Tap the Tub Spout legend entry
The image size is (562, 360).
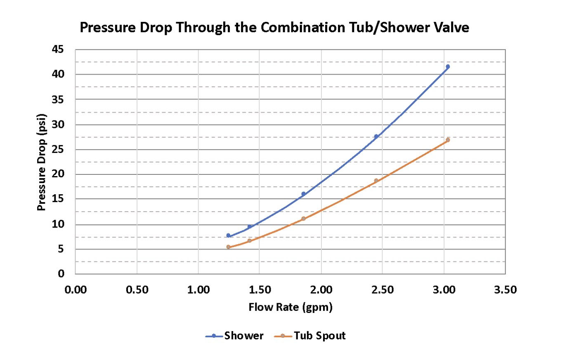tap(309, 336)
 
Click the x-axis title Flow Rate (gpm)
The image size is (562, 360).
tap(290, 307)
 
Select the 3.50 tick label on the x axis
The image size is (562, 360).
tap(505, 289)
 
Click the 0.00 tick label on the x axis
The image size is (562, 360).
tap(75, 289)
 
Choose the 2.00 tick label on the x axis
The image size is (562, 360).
tap(321, 289)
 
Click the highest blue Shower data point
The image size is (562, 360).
tap(448, 66)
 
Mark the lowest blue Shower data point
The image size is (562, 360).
tap(228, 235)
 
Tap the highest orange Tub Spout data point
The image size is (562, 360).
tap(448, 140)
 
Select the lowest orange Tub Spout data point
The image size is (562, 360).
tap(228, 247)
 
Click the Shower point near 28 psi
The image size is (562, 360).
tap(376, 136)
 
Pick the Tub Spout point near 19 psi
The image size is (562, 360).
tap(376, 180)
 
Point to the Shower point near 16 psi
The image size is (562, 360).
tap(304, 193)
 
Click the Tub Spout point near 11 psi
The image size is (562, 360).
tap(304, 219)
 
